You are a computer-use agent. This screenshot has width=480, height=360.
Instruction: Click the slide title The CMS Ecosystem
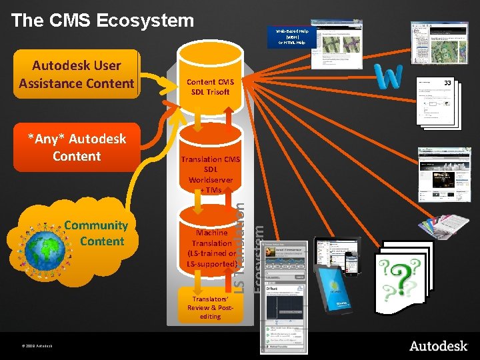pyautogui.click(x=102, y=20)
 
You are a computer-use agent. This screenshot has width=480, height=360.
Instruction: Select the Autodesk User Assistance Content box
pyautogui.click(x=76, y=74)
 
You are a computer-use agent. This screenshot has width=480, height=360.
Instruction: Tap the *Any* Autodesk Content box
pyautogui.click(x=76, y=147)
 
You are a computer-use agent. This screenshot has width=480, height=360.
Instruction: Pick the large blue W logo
pyautogui.click(x=389, y=77)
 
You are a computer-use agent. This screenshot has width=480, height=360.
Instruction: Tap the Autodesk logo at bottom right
pyautogui.click(x=438, y=345)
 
